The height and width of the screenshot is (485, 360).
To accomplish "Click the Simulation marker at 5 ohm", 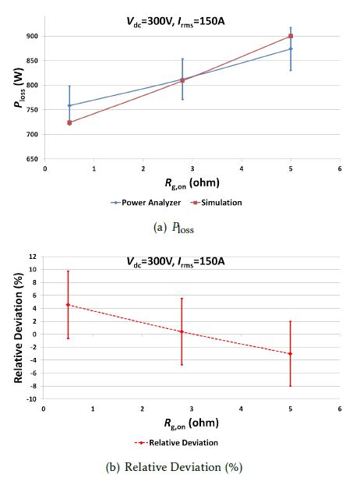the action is point(291,36).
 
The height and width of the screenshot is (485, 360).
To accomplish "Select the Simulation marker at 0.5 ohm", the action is point(69,122).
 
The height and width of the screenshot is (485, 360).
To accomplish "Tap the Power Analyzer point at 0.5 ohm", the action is point(69,105).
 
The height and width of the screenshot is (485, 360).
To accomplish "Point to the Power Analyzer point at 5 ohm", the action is point(291,48).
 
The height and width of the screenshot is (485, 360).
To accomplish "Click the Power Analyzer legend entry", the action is point(146,203).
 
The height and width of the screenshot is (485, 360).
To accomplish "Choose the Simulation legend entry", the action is point(217,203).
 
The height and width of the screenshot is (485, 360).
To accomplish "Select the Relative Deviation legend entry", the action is point(176,443).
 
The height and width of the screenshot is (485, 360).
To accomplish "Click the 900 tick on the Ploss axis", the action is point(33,36).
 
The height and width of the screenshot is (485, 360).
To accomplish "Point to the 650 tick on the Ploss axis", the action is point(33,159).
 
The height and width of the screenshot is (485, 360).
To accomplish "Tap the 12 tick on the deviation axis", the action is point(33,257).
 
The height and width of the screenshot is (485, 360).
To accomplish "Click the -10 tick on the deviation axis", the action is point(32,399).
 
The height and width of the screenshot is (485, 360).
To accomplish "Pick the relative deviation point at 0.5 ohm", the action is point(68,305).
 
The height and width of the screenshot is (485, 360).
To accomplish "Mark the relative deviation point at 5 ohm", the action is point(290,353).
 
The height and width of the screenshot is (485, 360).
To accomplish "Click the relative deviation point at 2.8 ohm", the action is point(182,331).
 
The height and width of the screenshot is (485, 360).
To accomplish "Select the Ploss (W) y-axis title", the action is point(19,88).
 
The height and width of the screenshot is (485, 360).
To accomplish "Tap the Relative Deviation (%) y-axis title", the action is point(19,328).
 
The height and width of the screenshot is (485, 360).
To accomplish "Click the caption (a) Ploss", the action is point(174,228).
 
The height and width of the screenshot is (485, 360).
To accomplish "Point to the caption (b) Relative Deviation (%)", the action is point(174,467).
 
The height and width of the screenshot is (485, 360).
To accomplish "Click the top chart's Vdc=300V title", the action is point(175,22).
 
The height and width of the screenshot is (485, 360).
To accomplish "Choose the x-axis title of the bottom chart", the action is point(192,423).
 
